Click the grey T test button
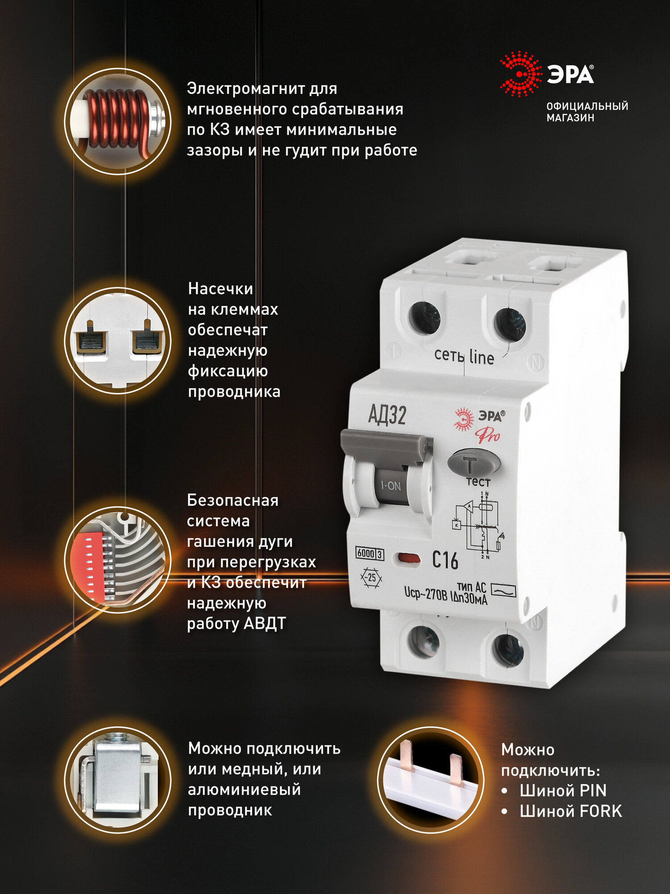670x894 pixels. [x=473, y=463]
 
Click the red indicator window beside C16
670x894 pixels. [x=408, y=558]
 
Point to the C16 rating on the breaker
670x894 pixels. [x=445, y=560]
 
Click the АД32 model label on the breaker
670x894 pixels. [x=387, y=415]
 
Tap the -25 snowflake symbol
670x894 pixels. [x=371, y=578]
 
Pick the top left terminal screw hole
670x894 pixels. [x=424, y=318]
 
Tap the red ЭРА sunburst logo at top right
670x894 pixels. [x=521, y=74]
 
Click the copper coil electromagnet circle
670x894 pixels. [x=118, y=121]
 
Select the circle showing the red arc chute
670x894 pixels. [x=118, y=559]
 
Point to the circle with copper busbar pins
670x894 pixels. [x=431, y=780]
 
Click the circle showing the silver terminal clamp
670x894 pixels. [x=118, y=780]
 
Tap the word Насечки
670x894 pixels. [x=221, y=289]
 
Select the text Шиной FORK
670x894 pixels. [x=570, y=811]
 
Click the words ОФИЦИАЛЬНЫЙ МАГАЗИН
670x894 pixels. [x=587, y=112]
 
